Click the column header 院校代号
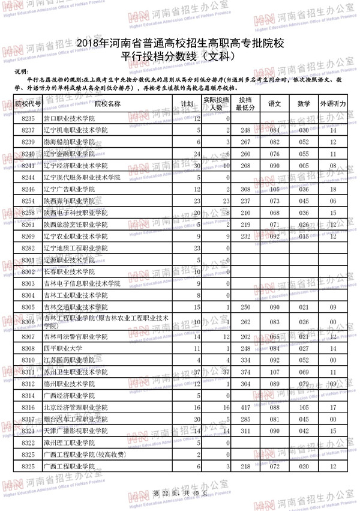click(28, 104)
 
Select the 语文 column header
click(275, 104)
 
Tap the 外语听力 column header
click(333, 104)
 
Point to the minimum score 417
click(244, 408)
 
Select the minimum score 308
click(244, 189)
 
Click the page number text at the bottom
click(179, 494)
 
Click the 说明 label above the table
click(21, 71)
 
